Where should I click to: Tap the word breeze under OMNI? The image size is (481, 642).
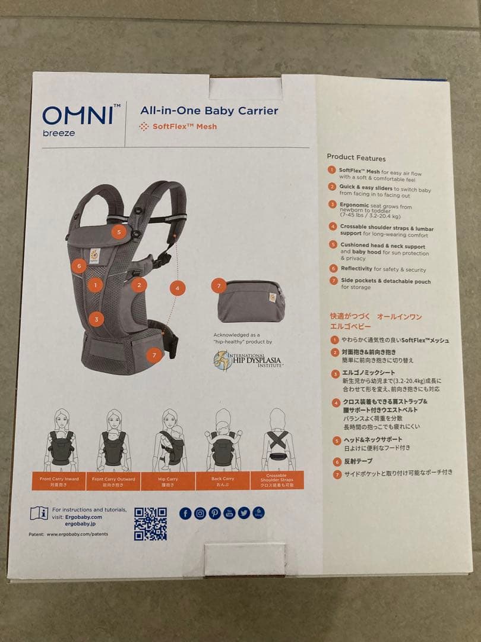click(x=59, y=133)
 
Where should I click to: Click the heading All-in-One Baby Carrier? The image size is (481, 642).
click(x=209, y=111)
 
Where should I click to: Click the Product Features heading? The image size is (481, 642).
click(x=356, y=158)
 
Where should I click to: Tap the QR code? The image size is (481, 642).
click(x=150, y=523)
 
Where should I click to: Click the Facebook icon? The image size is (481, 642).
click(x=185, y=513)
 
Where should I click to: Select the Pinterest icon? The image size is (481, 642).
click(x=214, y=513)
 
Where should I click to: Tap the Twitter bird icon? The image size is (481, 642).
click(x=243, y=513)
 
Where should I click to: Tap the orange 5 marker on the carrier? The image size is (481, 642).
click(x=119, y=232)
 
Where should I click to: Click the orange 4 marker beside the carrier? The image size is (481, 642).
click(x=177, y=288)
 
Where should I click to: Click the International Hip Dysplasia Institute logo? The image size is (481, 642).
click(x=247, y=360)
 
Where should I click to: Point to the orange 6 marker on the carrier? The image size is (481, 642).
click(x=78, y=266)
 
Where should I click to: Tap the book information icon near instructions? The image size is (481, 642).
click(x=39, y=513)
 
